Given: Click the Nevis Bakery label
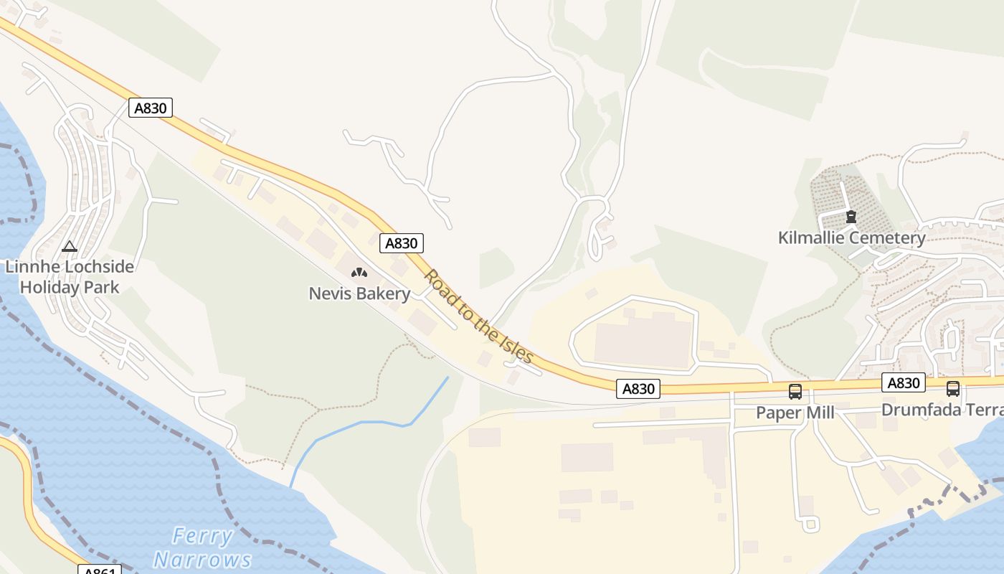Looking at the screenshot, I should coord(359,293).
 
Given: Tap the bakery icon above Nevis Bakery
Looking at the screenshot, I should coord(359,273).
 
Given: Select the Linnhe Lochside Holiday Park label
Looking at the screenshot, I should coord(70,277).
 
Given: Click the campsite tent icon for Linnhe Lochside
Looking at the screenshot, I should coord(70,247).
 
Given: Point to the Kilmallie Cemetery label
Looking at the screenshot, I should coord(852,237).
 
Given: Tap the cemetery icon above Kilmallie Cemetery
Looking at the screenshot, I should coord(851,216).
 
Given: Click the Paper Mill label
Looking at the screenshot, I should coord(795,413).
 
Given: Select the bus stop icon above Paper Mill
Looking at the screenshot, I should coord(795,391).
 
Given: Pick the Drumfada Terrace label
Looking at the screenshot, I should coord(942,410).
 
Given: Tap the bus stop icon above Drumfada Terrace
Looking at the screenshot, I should coord(952,389).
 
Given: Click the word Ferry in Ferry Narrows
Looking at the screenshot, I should coord(203,536).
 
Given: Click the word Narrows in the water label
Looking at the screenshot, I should coord(202,559).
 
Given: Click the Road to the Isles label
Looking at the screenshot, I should coord(478,316).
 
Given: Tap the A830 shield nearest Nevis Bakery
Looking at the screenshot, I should coord(401,243).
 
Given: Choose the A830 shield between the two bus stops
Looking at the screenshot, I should coord(904,382).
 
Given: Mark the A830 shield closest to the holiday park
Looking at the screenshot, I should coord(151,108).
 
